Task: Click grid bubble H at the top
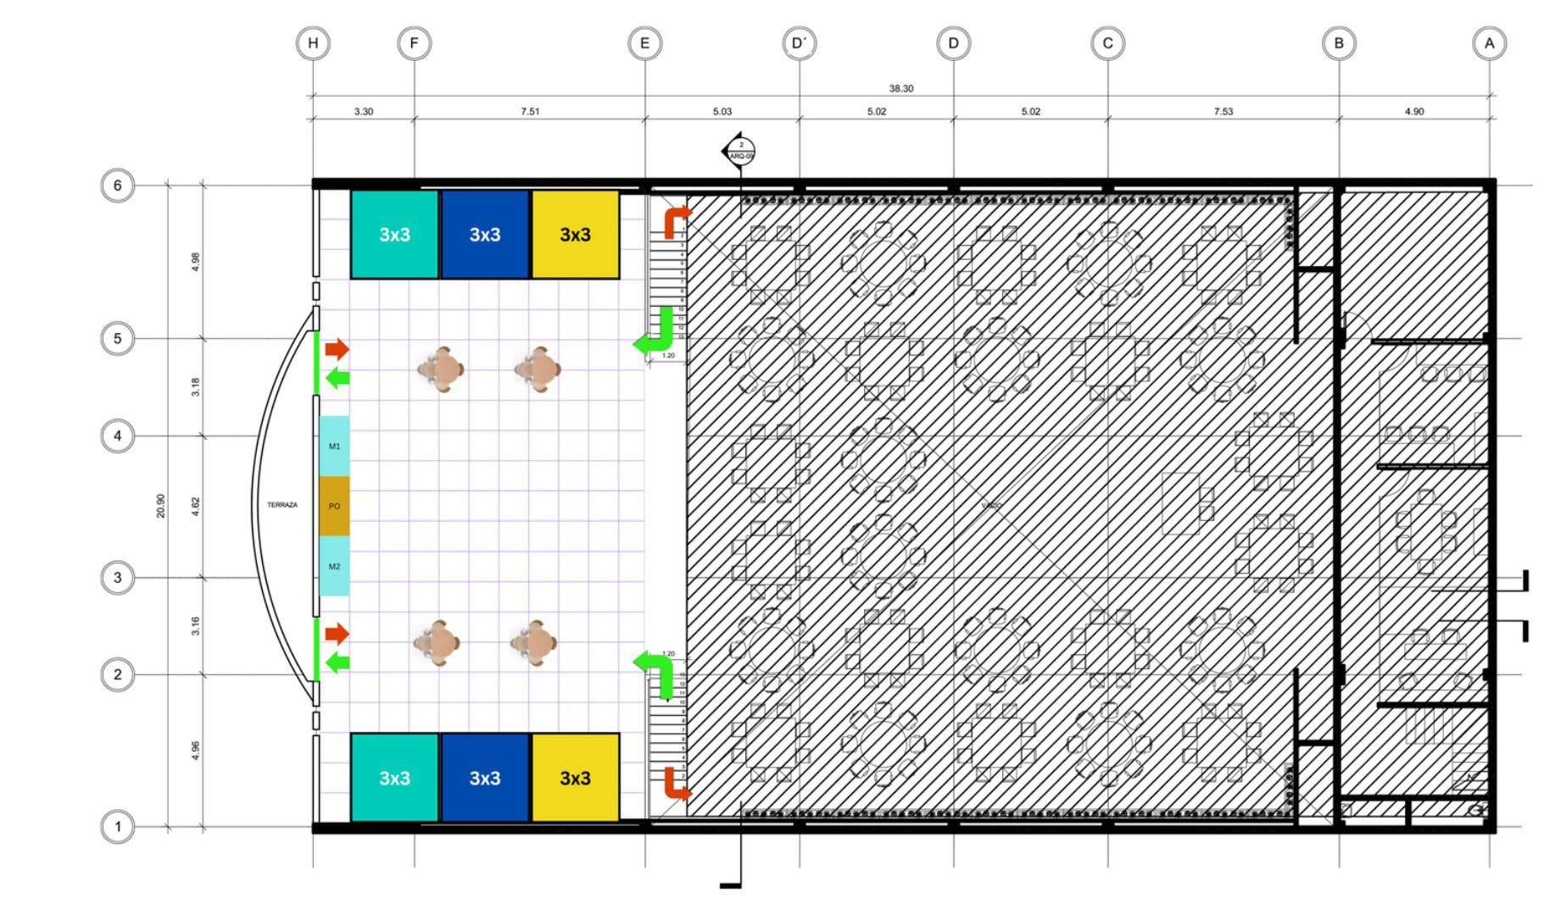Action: [313, 43]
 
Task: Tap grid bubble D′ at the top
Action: [799, 43]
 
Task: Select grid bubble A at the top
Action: [1489, 43]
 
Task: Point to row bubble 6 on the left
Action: [118, 185]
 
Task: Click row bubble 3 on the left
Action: [118, 578]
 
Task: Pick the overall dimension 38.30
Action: [900, 88]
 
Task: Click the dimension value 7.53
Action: [1223, 111]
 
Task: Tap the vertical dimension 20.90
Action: [161, 506]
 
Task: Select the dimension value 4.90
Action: [1413, 111]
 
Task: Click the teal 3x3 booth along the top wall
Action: [394, 235]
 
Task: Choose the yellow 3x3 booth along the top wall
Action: [575, 235]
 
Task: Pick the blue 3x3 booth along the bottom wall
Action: [485, 778]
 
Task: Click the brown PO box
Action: [334, 506]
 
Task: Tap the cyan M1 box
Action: [334, 446]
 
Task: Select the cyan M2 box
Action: [334, 566]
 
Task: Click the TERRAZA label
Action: [282, 505]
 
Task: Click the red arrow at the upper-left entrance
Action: [337, 348]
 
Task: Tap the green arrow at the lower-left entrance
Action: [337, 663]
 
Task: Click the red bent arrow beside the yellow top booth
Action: [674, 220]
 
